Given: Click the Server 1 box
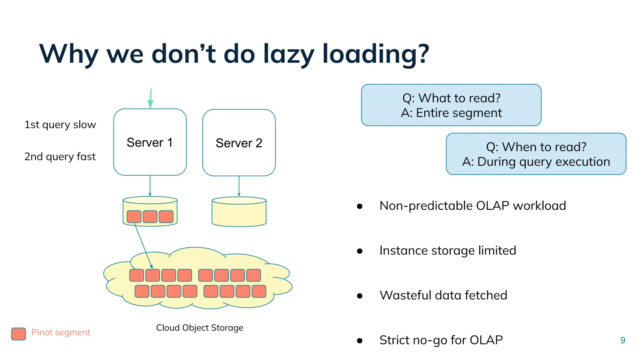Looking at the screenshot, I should (150, 142).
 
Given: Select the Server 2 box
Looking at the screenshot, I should (239, 143).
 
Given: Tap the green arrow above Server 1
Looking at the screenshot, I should (151, 99).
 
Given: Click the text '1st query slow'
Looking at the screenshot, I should (60, 125).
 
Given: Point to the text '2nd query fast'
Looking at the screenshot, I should (60, 157).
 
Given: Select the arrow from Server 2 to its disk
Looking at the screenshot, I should (239, 186).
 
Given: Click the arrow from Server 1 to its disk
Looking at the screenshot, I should (150, 186).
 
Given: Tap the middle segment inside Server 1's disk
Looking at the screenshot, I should (150, 217).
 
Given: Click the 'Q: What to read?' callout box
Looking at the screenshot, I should (451, 105).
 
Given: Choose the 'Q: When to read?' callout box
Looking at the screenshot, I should (536, 154).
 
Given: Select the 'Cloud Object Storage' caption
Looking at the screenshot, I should (200, 327).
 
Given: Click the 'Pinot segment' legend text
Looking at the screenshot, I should (61, 332).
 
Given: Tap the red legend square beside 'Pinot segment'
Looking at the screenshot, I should (18, 334).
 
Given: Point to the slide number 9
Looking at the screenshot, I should (622, 340).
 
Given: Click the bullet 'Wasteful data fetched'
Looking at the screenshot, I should (443, 295).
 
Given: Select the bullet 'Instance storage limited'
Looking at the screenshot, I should (447, 251).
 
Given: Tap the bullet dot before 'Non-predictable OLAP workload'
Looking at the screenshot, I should (360, 206).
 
